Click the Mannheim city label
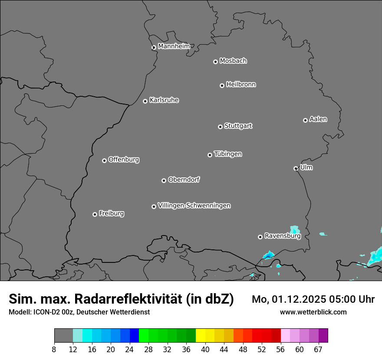[174, 46]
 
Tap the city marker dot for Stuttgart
[220, 127]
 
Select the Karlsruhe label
[164, 100]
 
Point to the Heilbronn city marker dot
[222, 85]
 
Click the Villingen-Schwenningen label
[194, 206]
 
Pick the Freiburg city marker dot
[95, 214]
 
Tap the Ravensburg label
[283, 236]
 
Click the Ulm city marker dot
[296, 168]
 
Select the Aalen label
[318, 119]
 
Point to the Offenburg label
[124, 160]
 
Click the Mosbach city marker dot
[215, 62]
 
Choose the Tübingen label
[228, 154]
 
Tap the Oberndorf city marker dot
[164, 180]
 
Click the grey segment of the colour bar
[63, 336]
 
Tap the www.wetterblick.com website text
[313, 312]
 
